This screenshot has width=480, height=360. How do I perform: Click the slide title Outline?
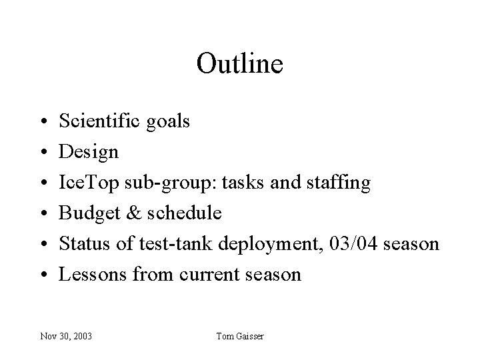[240, 64]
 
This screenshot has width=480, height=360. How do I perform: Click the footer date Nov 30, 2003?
[65, 336]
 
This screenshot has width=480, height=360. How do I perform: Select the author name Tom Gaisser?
[240, 336]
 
